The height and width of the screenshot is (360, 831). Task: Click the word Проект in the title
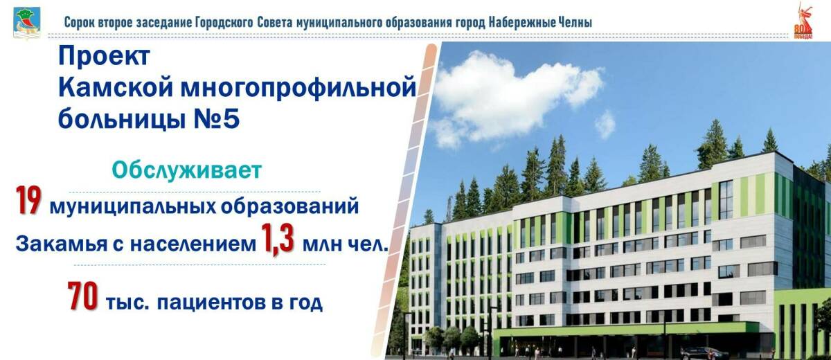pyautogui.click(x=103, y=57)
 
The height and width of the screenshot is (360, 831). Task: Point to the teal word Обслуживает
pyautogui.click(x=188, y=170)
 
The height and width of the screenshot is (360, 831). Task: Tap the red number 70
pyautogui.click(x=84, y=299)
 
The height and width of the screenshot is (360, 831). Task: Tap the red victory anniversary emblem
pyautogui.click(x=803, y=21)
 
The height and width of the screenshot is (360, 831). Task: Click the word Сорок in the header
pyautogui.click(x=80, y=22)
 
